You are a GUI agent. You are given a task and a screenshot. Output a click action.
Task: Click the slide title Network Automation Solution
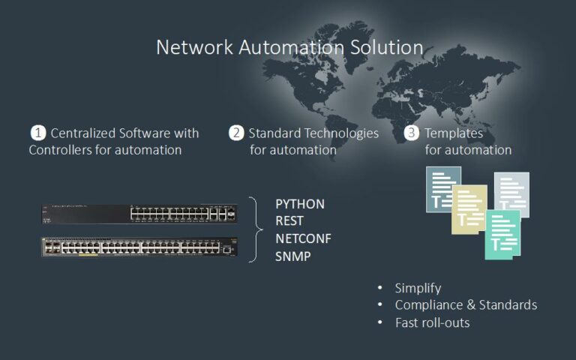pyautogui.click(x=289, y=47)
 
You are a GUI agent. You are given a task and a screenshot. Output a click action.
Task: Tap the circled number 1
pyautogui.click(x=37, y=133)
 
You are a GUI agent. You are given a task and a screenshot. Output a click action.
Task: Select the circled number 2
pyautogui.click(x=236, y=133)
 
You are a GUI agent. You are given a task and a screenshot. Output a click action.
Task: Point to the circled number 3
pyautogui.click(x=412, y=133)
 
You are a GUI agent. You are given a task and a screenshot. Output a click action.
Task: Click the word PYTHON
pyautogui.click(x=300, y=204)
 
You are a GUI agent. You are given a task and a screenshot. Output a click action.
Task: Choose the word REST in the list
pyautogui.click(x=289, y=221)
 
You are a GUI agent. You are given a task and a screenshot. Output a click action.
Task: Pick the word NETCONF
pyautogui.click(x=304, y=238)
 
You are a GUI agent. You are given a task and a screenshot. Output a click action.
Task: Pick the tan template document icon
pyautogui.click(x=468, y=209)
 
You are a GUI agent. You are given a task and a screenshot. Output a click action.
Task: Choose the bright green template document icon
pyautogui.click(x=502, y=235)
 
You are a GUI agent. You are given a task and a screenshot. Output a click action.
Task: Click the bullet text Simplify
pyautogui.click(x=418, y=288)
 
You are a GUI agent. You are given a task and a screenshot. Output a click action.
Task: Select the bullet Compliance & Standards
pyautogui.click(x=466, y=305)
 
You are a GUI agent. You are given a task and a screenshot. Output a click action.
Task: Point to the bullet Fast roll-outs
pyautogui.click(x=432, y=322)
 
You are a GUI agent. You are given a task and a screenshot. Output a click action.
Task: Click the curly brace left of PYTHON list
pyautogui.click(x=256, y=229)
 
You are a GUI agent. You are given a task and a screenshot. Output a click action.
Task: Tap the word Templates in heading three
pyautogui.click(x=454, y=133)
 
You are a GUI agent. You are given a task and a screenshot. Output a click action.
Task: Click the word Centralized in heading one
pyautogui.click(x=82, y=133)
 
